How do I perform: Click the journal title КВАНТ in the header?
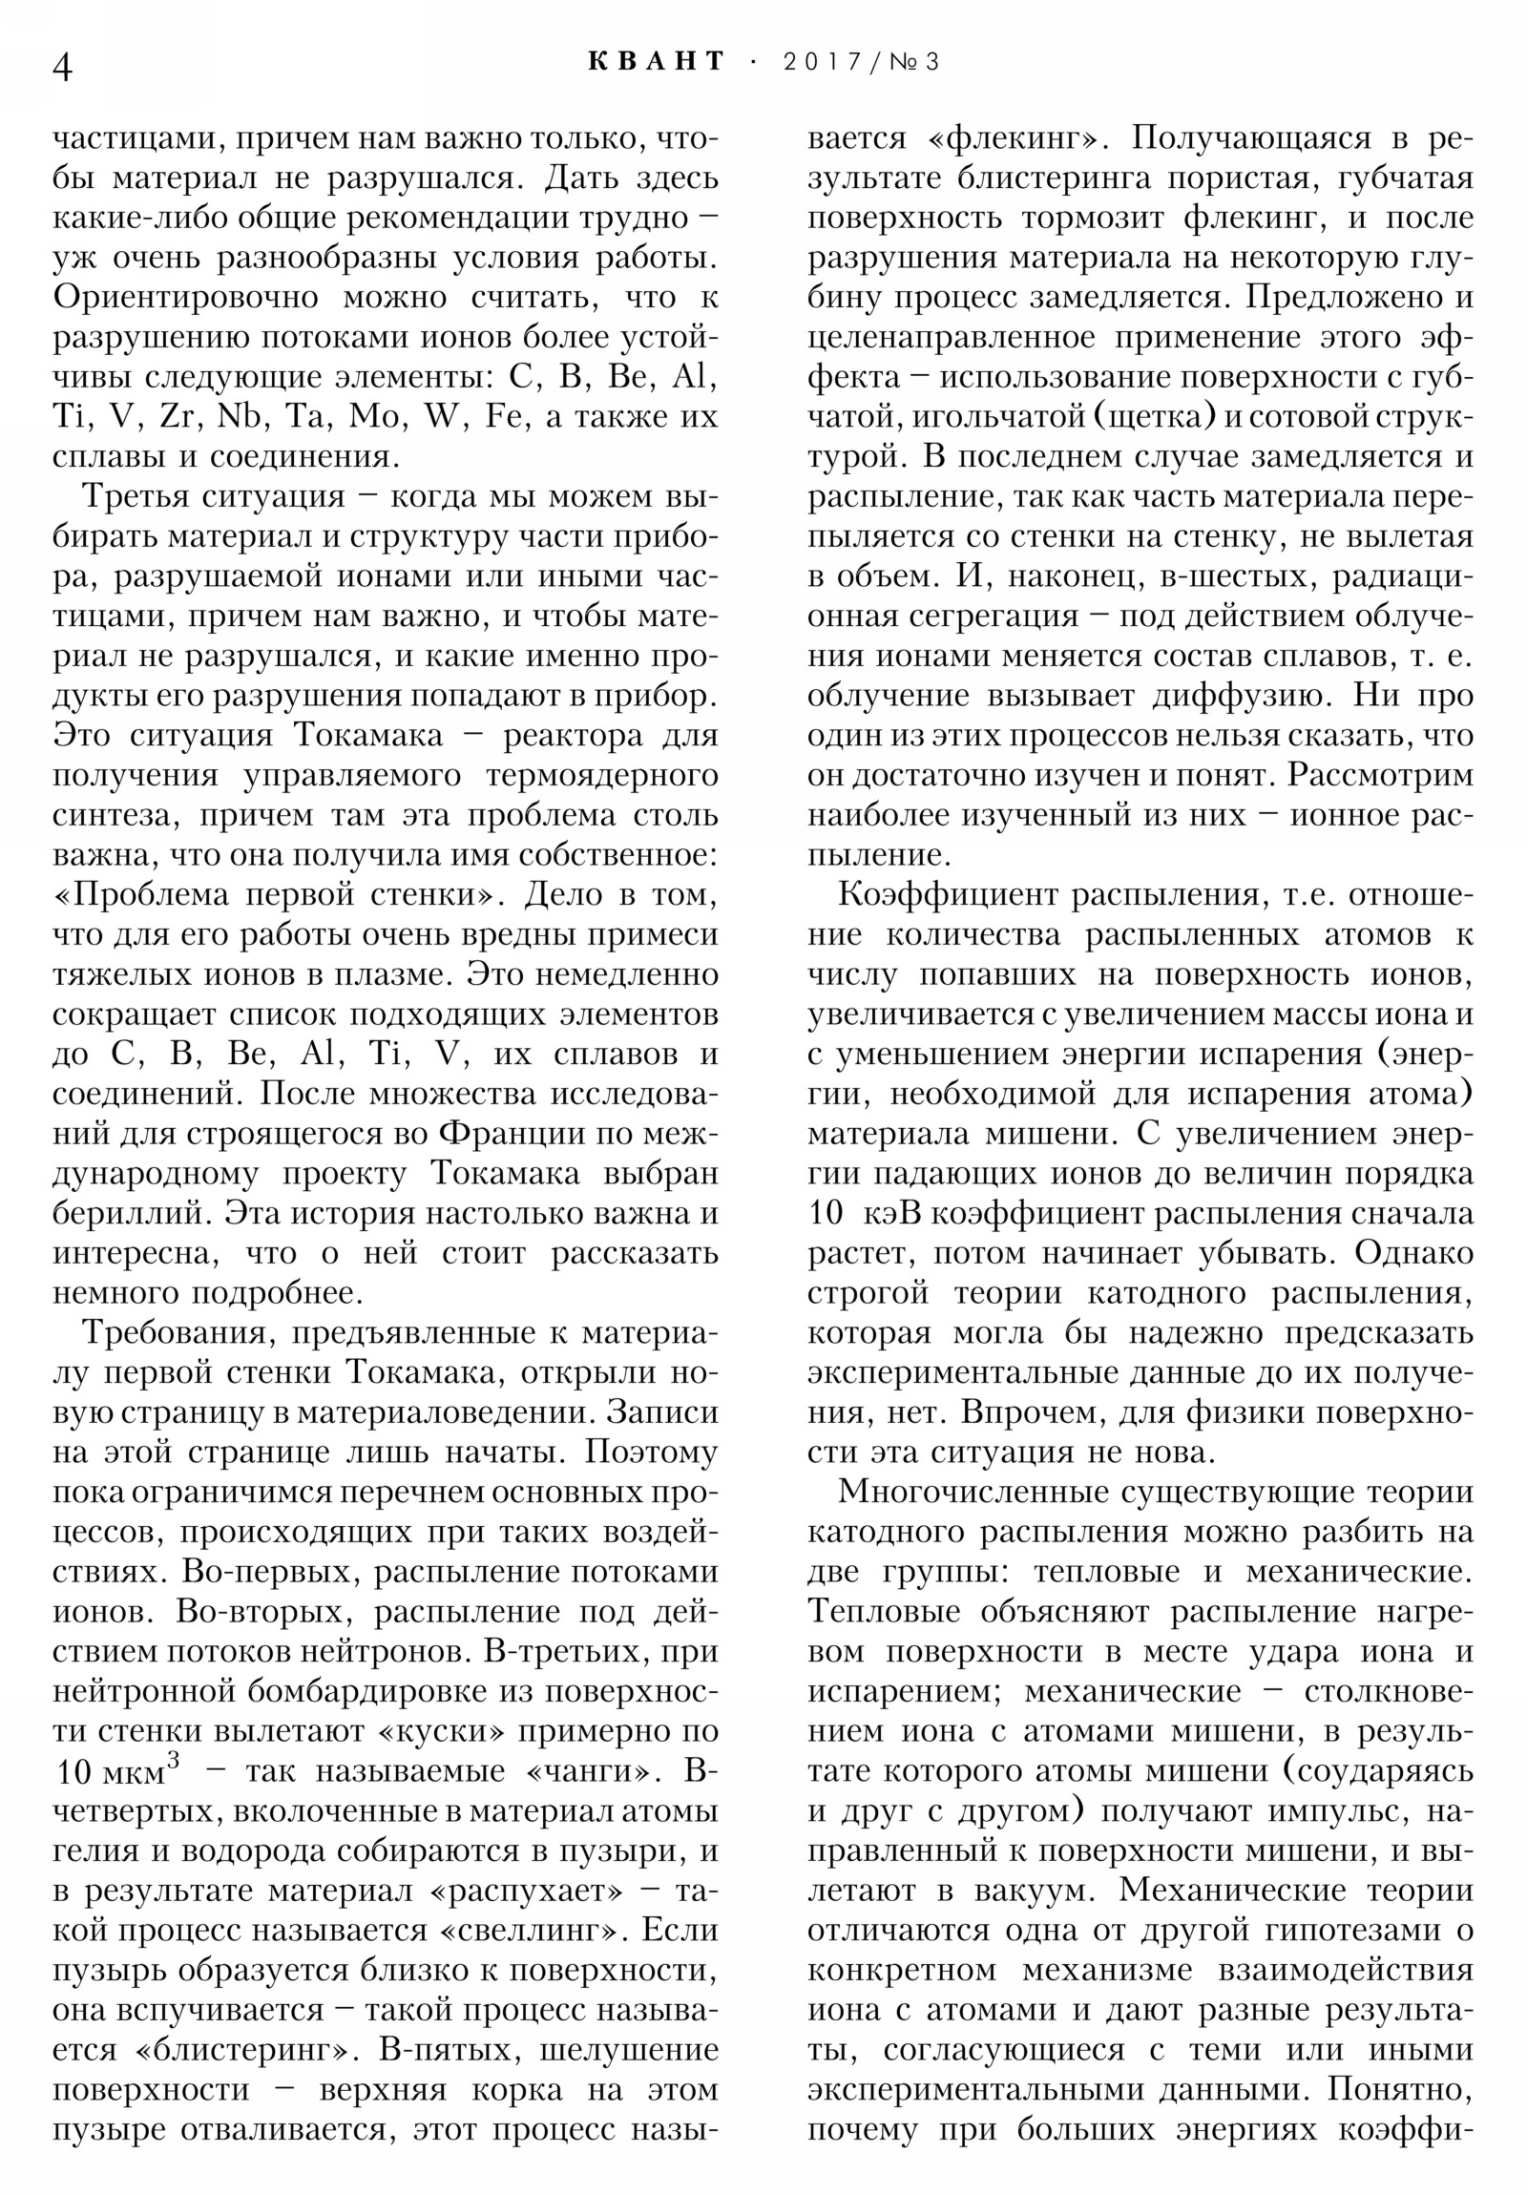coord(656,61)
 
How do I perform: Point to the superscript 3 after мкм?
coord(173,1757)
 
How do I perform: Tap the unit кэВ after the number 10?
coord(891,1214)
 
